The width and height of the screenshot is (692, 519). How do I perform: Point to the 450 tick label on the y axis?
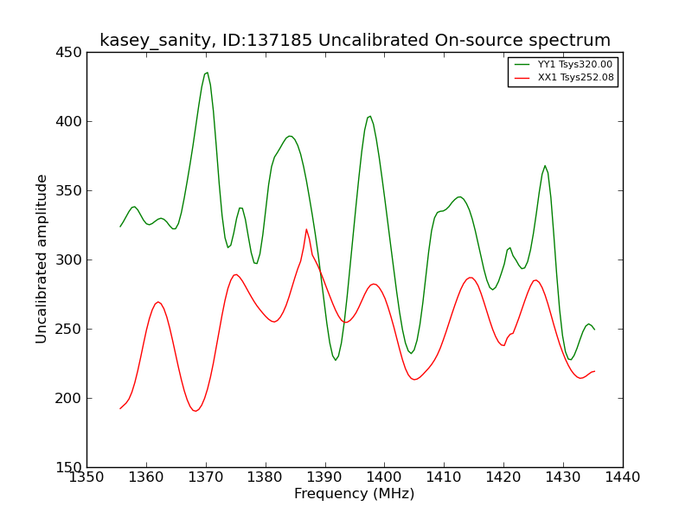pyautogui.click(x=68, y=53)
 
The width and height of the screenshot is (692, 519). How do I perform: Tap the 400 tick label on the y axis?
pyautogui.click(x=68, y=121)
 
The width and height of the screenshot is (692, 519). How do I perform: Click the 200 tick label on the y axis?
pyautogui.click(x=68, y=398)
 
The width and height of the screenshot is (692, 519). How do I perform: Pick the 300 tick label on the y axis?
pyautogui.click(x=68, y=260)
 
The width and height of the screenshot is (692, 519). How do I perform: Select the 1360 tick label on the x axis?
pyautogui.click(x=146, y=477)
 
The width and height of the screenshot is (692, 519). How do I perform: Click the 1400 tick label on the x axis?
pyautogui.click(x=384, y=477)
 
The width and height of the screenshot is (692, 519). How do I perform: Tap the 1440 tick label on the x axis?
pyautogui.click(x=623, y=477)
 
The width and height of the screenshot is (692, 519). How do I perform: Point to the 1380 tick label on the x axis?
pyautogui.click(x=266, y=477)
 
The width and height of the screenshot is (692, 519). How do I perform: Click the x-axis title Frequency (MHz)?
pyautogui.click(x=355, y=493)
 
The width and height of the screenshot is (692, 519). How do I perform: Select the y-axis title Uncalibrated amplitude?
pyautogui.click(x=41, y=259)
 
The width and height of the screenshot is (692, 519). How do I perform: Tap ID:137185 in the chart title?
pyautogui.click(x=267, y=40)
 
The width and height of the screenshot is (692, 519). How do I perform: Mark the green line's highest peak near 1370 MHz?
pyautogui.click(x=208, y=73)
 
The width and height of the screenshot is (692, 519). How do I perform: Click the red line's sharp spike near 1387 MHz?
pyautogui.click(x=306, y=229)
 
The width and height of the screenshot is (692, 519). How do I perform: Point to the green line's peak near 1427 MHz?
pyautogui.click(x=545, y=165)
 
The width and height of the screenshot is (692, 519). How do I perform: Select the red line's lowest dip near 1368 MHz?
pyautogui.click(x=196, y=412)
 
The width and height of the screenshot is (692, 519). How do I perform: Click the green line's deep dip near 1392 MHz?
pyautogui.click(x=336, y=360)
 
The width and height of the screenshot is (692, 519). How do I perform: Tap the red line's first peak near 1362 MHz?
pyautogui.click(x=158, y=302)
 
